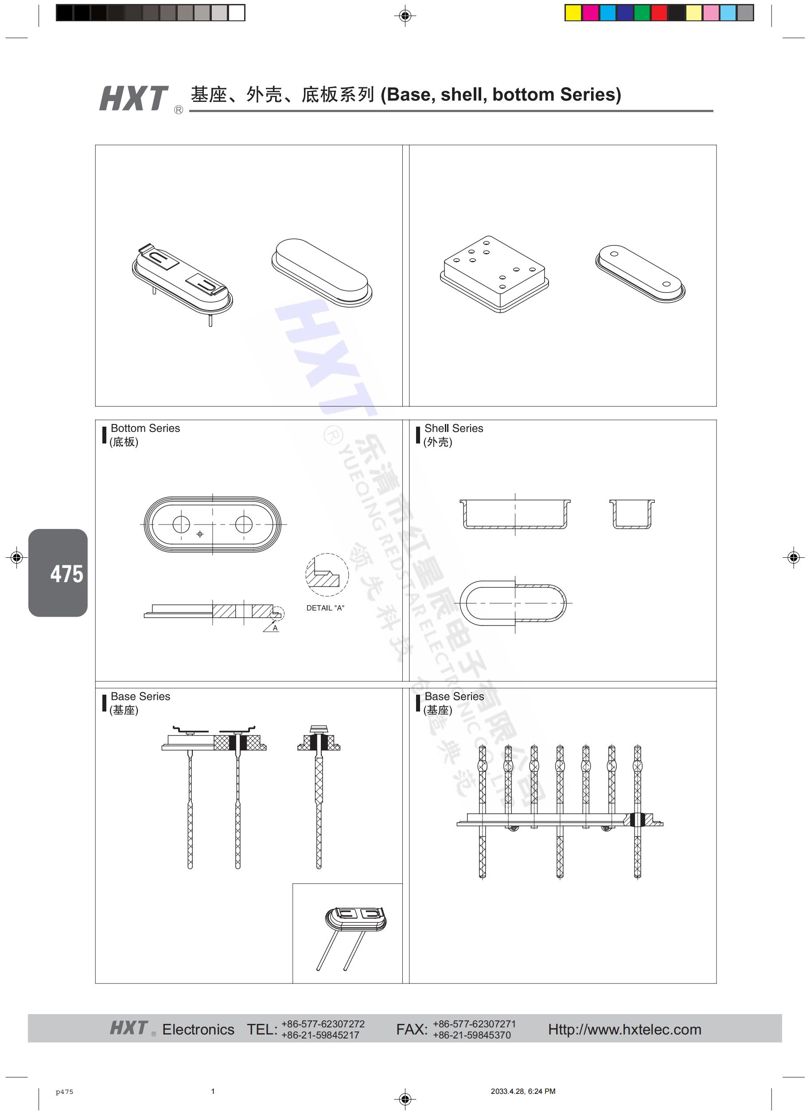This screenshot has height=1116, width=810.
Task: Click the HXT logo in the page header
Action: (134, 98)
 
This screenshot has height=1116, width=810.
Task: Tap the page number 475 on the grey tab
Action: (67, 574)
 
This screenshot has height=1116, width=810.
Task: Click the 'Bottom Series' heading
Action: (145, 428)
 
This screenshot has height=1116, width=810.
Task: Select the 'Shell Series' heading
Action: (454, 428)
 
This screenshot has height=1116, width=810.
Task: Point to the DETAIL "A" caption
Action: (325, 608)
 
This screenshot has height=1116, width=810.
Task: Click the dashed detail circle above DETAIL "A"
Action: (327, 554)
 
